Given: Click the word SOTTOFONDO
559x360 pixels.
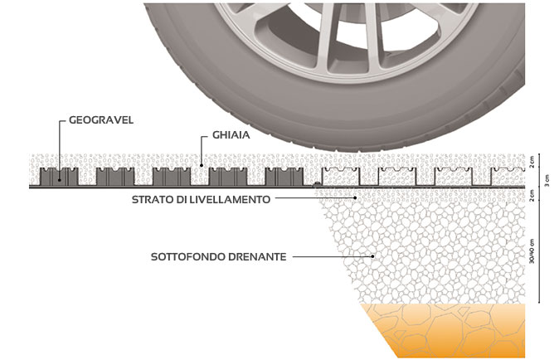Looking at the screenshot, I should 187,257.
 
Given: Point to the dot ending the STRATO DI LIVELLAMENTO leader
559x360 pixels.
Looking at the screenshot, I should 355,199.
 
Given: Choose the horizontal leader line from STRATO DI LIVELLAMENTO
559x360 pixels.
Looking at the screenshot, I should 315,199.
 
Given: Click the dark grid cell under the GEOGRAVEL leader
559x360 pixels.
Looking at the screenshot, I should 60,178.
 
